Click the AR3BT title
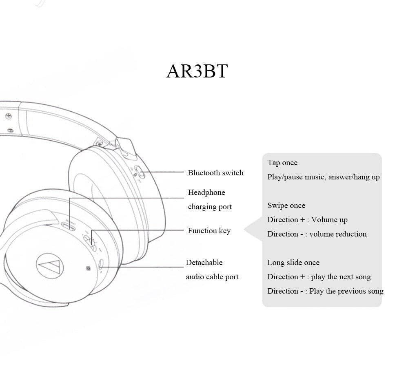coord(197,71)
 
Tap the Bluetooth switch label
coord(215,173)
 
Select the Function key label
coord(209,231)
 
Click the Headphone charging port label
coord(210,199)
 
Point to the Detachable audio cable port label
coord(212,270)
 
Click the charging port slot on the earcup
coord(68,225)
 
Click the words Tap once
coord(282,163)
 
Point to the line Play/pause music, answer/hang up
coord(323,177)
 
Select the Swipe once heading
coord(286,205)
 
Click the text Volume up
coord(329,220)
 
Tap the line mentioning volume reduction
coord(317,234)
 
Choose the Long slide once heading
coord(293,263)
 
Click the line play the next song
coord(319,277)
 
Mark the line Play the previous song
coord(325,291)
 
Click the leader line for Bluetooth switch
coord(163,172)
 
